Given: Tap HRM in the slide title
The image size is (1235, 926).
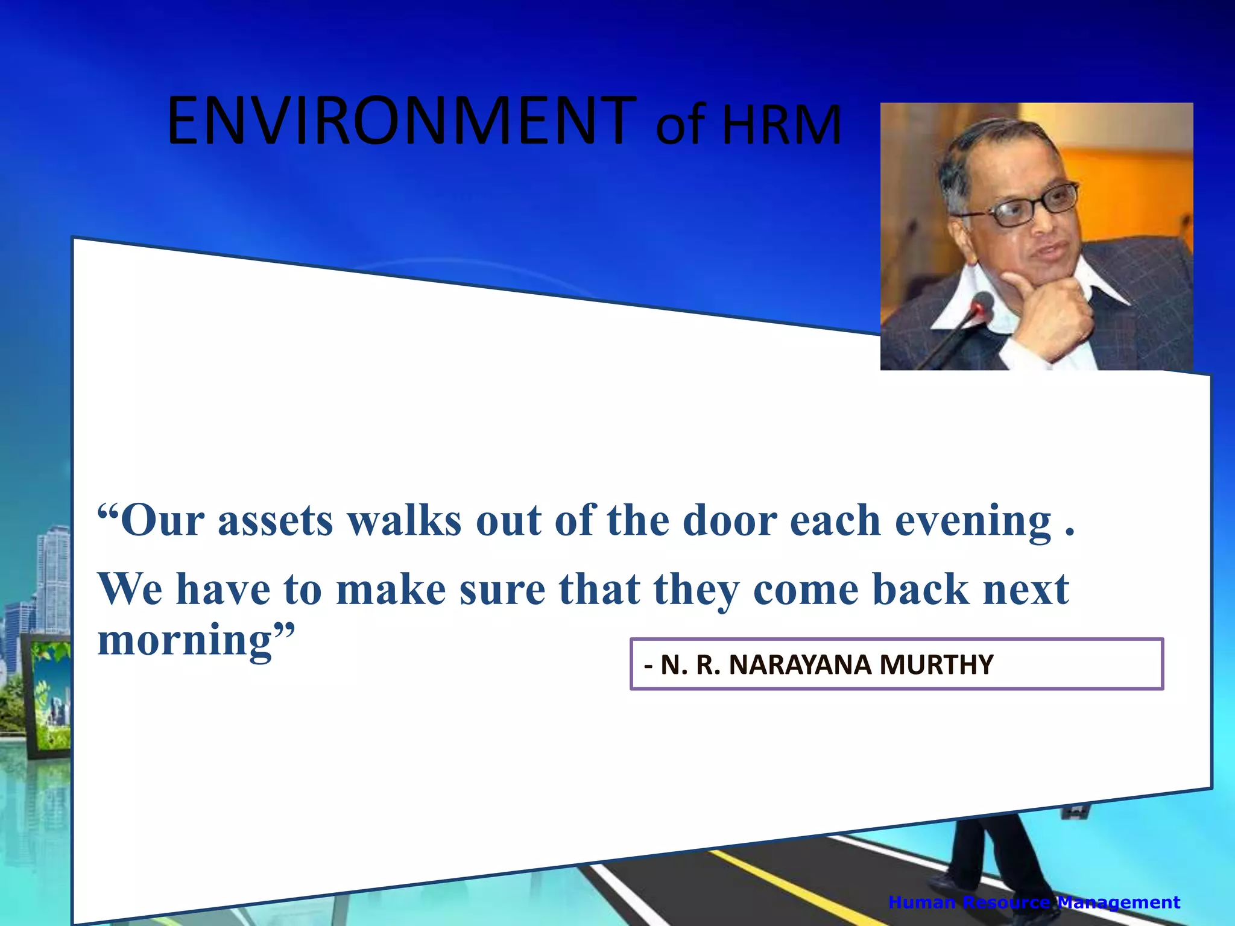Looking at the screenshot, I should point(782,125).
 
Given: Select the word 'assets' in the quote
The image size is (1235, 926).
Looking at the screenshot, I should point(275,520).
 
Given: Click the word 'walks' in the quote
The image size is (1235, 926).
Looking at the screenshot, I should point(405,520).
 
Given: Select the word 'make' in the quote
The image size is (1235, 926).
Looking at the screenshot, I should point(391,589).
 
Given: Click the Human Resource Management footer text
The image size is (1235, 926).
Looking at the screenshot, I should point(1034,902).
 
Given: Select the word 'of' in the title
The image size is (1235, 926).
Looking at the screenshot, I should point(681,125).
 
